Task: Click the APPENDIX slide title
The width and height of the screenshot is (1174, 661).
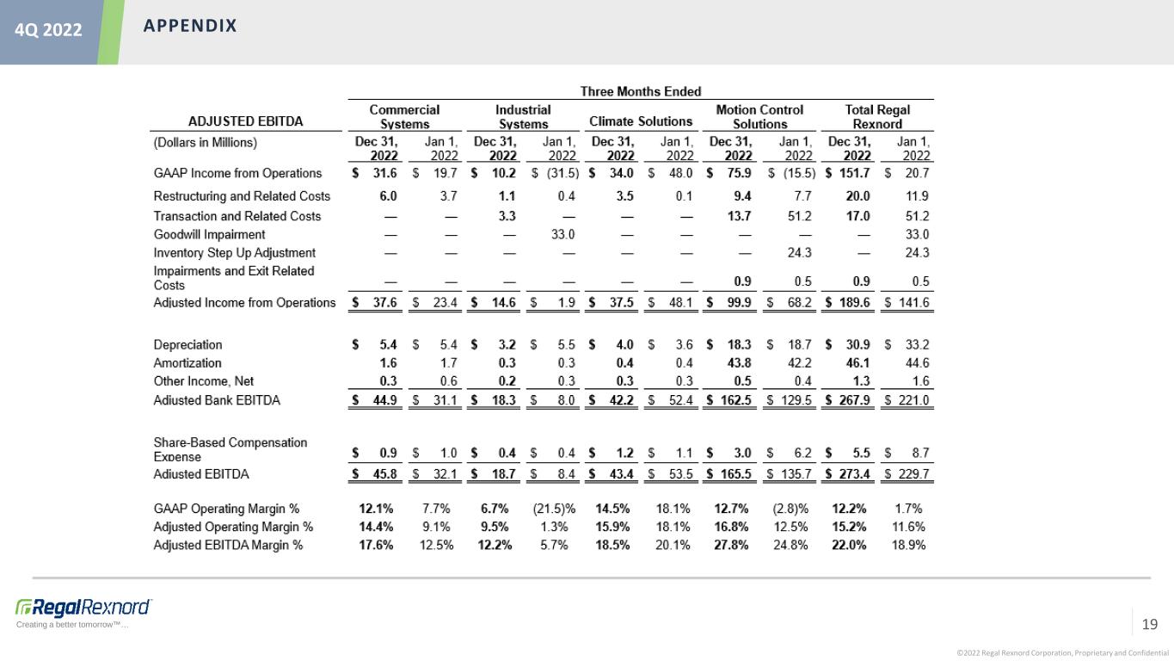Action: (190, 26)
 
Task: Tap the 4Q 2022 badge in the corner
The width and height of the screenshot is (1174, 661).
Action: (48, 30)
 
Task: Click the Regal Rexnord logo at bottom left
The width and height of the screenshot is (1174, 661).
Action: (83, 608)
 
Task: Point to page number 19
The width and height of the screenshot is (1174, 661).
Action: (1149, 624)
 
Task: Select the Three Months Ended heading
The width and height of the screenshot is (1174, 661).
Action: (641, 91)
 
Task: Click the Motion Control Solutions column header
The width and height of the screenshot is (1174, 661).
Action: (759, 117)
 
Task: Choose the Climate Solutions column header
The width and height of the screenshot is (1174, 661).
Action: (641, 121)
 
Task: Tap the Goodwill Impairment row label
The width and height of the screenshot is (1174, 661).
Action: (209, 234)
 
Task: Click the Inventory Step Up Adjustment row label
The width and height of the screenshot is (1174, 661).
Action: (234, 253)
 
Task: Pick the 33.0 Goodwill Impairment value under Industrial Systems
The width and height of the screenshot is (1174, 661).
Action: (562, 234)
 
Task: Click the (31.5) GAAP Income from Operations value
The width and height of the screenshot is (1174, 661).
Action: (562, 173)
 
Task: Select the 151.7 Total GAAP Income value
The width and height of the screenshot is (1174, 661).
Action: (854, 173)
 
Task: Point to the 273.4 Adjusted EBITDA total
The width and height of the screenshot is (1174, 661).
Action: (854, 474)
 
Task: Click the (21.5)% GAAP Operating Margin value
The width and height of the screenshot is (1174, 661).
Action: (554, 509)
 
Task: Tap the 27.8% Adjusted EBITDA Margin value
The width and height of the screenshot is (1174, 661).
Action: (731, 545)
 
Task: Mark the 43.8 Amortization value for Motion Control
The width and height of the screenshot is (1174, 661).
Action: (739, 363)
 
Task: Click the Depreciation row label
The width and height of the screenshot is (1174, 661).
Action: (187, 344)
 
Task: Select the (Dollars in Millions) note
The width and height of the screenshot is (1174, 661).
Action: (205, 143)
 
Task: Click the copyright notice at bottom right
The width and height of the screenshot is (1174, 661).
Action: (1063, 653)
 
